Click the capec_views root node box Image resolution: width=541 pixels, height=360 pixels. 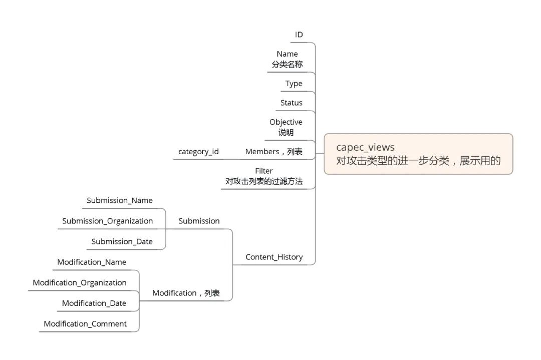tap(418, 154)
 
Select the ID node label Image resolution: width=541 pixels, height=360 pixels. tap(299, 35)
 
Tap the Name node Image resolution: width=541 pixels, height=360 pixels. tap(287, 54)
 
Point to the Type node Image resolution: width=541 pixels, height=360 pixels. tap(294, 84)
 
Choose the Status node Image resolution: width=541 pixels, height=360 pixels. tap(291, 103)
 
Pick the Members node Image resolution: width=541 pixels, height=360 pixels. tap(274, 151)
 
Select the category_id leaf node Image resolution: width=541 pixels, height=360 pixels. tap(198, 151)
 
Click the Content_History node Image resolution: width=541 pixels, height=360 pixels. tap(274, 257)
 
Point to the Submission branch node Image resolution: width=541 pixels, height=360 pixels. tap(199, 221)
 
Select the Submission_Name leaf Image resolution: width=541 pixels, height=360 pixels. tap(119, 200)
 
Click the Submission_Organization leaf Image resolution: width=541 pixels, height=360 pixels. tap(107, 221)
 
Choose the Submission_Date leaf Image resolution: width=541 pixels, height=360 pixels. tap(122, 241)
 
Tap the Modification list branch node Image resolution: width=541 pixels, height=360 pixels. tap(186, 293)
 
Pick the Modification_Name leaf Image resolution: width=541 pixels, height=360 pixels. tap(92, 262)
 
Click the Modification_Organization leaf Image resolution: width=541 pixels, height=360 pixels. tap(80, 282)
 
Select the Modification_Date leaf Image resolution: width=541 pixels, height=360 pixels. tap(94, 303)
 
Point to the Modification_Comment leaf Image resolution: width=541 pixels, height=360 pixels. tap(85, 323)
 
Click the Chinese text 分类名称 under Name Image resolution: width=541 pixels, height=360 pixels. tap(287, 64)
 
